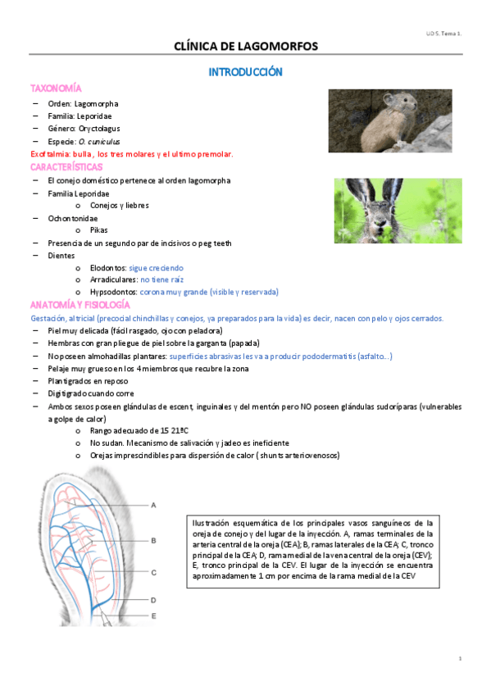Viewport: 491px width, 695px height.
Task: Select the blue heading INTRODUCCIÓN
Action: [245, 72]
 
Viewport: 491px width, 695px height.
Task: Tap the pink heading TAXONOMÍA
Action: [56, 88]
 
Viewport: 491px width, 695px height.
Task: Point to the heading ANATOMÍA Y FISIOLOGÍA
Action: [80, 305]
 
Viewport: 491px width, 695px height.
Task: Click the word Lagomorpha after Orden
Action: [96, 103]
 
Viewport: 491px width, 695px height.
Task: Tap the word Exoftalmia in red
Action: [49, 154]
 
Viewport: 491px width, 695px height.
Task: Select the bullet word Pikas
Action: [99, 230]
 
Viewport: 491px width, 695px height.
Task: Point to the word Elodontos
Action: [107, 267]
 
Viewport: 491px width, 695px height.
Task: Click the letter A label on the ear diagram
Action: [153, 506]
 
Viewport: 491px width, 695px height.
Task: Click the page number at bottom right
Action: [461, 659]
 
